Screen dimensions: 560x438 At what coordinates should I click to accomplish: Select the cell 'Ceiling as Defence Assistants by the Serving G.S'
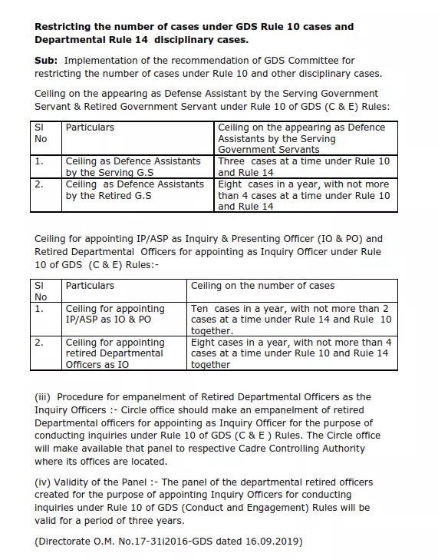pos(133,167)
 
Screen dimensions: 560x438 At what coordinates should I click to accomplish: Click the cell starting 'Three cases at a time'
pos(304,167)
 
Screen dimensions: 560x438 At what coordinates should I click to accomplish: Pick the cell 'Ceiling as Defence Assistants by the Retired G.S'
pos(133,190)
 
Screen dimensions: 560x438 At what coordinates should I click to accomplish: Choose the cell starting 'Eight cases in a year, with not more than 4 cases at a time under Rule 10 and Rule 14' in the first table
pos(304,195)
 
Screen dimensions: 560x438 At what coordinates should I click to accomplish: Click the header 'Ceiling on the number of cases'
pos(262,286)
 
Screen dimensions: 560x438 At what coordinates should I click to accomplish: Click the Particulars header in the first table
pos(90,128)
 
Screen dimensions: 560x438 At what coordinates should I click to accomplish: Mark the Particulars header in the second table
pos(90,286)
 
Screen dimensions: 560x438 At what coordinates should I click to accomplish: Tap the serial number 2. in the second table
pos(39,343)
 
